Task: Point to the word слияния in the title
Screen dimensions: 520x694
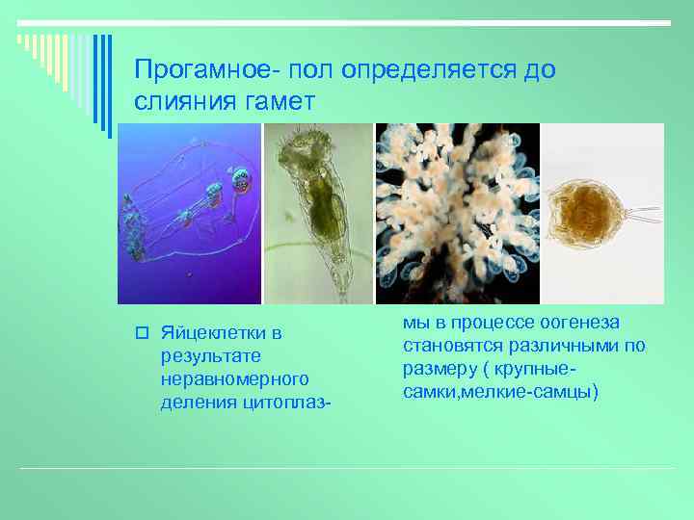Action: [x=178, y=101]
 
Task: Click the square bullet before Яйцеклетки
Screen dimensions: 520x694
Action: [x=141, y=334]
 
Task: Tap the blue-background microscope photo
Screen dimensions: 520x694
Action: [x=189, y=214]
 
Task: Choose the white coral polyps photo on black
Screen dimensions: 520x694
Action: [x=458, y=214]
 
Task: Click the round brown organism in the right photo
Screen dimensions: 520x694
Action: [x=582, y=214]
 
